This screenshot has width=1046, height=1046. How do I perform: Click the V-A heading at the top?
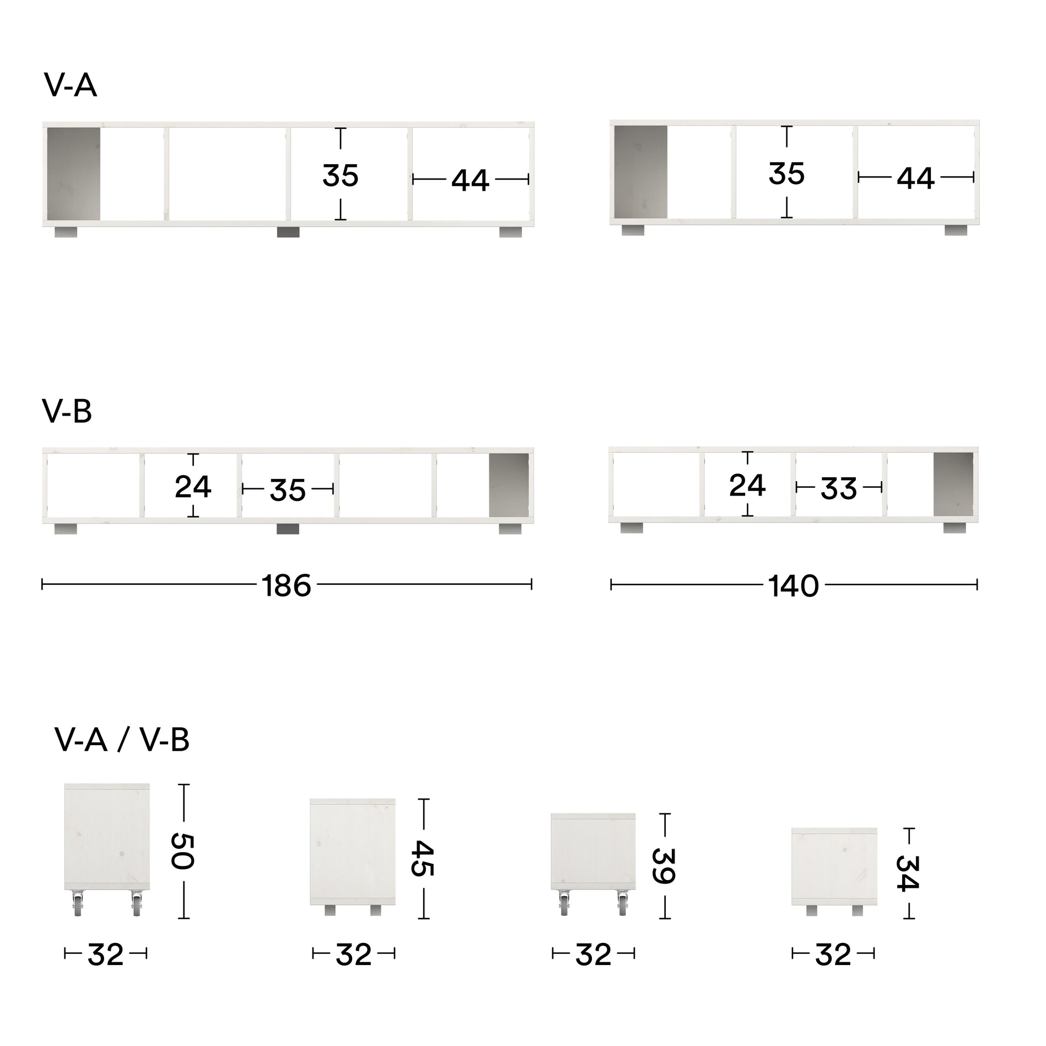70,86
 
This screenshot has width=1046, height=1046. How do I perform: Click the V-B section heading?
67,411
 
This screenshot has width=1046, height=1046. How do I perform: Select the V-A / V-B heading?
122,740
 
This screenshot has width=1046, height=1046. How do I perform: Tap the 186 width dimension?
287,586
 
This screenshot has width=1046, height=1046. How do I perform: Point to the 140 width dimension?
794,586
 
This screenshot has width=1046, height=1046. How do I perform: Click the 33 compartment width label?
839,488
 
